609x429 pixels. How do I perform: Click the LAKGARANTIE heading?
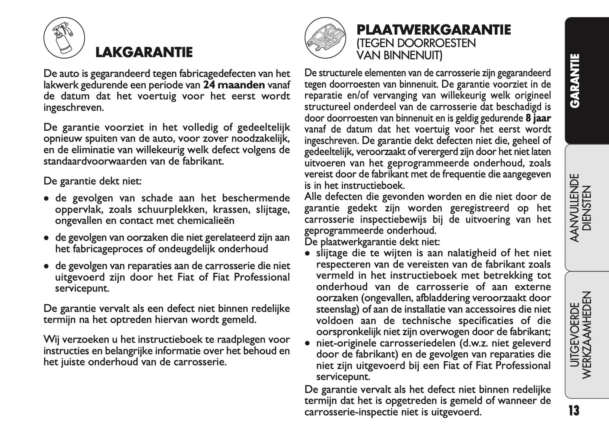click(144, 52)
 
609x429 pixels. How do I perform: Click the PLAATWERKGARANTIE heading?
click(433, 30)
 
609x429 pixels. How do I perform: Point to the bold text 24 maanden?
click(234, 84)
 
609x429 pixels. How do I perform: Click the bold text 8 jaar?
click(538, 118)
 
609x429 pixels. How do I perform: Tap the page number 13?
click(574, 410)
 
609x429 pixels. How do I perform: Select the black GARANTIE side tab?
click(575, 80)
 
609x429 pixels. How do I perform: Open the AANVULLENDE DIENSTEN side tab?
click(580, 208)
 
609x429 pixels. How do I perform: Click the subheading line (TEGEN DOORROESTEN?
click(416, 43)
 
